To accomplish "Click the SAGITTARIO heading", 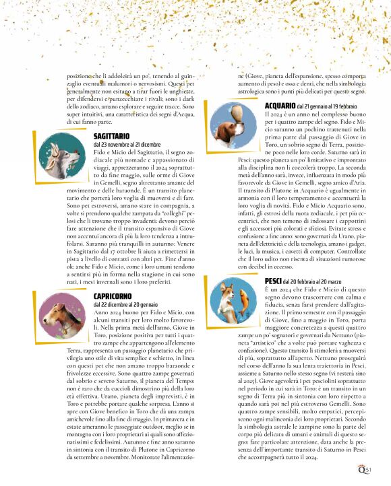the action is pos(111,136).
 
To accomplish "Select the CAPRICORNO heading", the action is pos(113,296).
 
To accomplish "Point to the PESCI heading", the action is pos(273,280).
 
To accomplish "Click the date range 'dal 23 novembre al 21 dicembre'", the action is pos(127,144).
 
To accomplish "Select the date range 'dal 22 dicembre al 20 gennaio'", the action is pos(127,304).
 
